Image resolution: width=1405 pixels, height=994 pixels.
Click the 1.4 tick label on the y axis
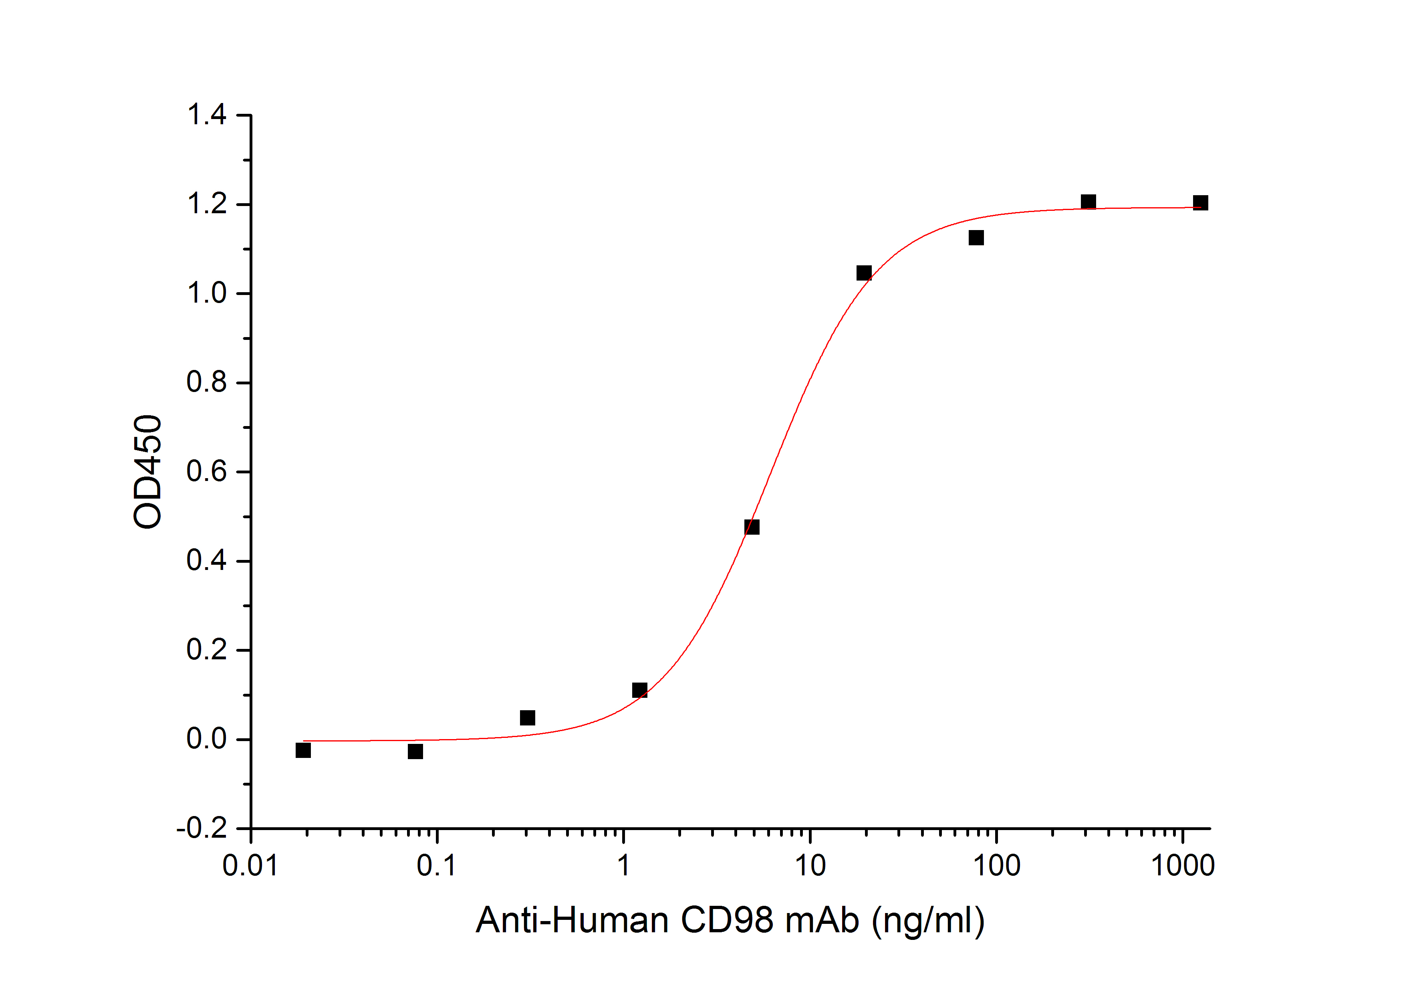click(x=207, y=115)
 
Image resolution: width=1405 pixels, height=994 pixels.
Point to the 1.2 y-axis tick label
click(x=207, y=204)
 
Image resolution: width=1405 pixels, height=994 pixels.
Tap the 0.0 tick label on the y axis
click(x=207, y=739)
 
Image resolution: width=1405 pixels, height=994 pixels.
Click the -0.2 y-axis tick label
click(x=202, y=829)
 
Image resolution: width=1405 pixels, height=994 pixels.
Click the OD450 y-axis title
click(x=147, y=472)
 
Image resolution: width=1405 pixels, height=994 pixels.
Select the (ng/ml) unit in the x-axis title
click(x=928, y=920)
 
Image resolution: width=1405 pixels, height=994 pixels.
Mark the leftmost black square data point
click(x=303, y=750)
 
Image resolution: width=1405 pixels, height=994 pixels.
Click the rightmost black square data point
click(x=1201, y=202)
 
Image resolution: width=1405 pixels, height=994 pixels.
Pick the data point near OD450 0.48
click(x=752, y=527)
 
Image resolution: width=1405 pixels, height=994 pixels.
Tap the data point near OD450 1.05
click(x=864, y=273)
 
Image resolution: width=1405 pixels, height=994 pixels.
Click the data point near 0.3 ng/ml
click(x=528, y=717)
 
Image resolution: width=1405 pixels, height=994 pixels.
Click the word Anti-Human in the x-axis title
click(x=572, y=920)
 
